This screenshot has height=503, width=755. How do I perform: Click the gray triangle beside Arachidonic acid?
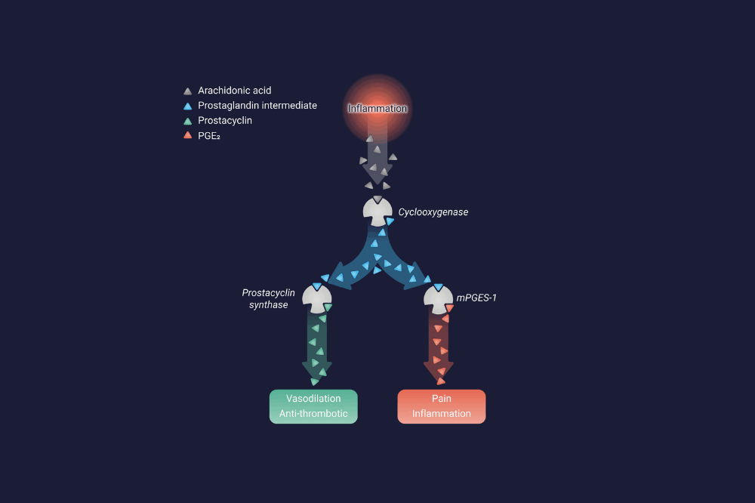coord(188,91)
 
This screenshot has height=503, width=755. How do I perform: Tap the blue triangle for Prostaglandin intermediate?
coord(188,106)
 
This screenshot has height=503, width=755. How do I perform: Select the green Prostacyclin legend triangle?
coord(188,121)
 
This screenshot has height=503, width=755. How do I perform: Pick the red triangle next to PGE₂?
coord(188,135)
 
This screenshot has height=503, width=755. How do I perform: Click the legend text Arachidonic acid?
coord(235,91)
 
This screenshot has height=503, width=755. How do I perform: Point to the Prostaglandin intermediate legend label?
coord(257,106)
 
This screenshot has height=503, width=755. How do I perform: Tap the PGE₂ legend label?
coord(209,136)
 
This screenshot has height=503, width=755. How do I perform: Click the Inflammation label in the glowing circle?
coord(377,109)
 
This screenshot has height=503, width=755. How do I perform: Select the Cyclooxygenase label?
coord(433,212)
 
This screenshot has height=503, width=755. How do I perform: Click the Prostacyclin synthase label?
coord(268,299)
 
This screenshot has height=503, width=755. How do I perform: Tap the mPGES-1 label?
coord(476,298)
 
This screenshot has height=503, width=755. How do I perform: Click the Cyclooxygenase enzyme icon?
coord(377,211)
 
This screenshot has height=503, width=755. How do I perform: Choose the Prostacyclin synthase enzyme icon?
coord(317,298)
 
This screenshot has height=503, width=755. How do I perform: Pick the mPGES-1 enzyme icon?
coord(438,299)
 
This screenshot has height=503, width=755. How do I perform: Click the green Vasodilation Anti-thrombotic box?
coord(313,406)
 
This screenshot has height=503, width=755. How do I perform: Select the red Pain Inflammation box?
coord(442,406)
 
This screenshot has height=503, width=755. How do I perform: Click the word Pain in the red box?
coord(442,399)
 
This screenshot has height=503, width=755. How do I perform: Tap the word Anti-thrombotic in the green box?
coord(313,413)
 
